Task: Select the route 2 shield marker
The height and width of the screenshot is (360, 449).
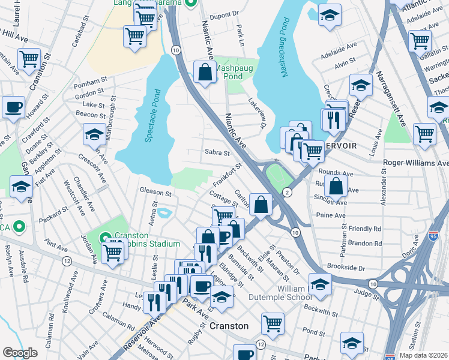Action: coord(288,192)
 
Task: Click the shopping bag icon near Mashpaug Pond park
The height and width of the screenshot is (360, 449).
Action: coord(205,73)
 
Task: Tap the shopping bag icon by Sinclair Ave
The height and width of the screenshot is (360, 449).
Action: coord(337,187)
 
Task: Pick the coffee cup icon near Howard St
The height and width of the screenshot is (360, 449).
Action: coord(13,108)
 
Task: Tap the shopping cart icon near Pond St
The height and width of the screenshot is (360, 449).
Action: coord(273,323)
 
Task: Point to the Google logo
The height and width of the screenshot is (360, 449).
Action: coord(20,353)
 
